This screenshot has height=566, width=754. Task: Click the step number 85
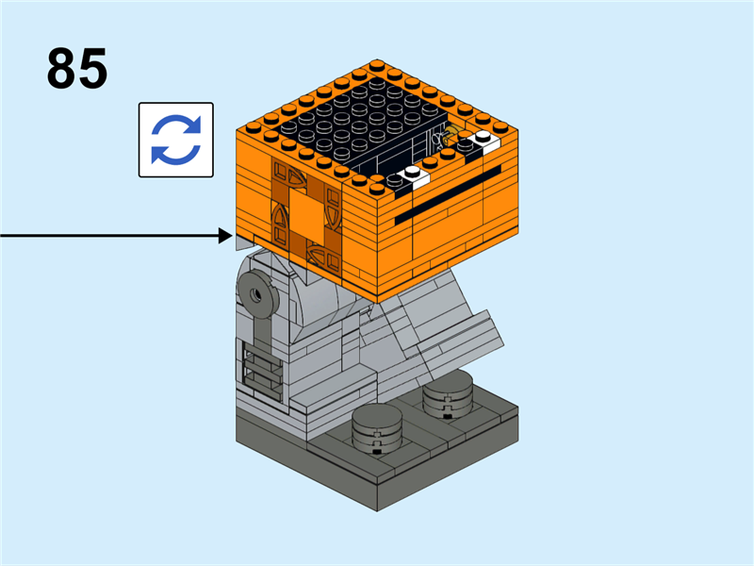click(77, 68)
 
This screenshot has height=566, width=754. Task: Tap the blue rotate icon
click(176, 140)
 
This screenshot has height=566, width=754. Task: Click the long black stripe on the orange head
click(447, 196)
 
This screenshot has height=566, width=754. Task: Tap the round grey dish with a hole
click(256, 293)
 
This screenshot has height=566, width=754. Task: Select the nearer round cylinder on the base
click(378, 430)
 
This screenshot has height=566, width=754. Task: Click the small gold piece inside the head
click(451, 135)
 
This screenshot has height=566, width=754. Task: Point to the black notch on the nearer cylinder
click(377, 451)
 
